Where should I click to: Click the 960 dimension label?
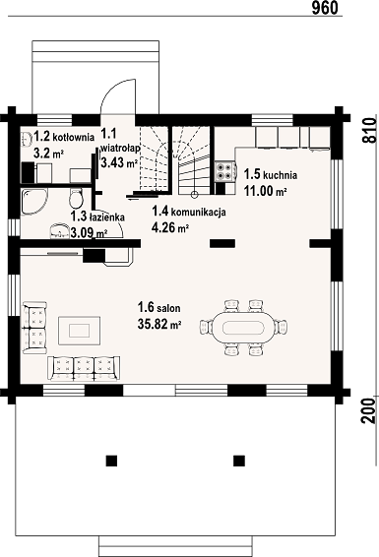click(325, 8)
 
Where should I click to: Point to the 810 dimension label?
click(370, 130)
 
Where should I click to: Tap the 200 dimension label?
click(370, 410)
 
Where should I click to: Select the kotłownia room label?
click(74, 137)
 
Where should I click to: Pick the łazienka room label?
click(107, 217)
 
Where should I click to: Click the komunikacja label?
click(199, 212)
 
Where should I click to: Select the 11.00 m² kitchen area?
click(265, 191)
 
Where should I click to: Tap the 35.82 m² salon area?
click(159, 324)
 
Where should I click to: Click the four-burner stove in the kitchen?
click(224, 171)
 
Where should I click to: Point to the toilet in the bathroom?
click(76, 199)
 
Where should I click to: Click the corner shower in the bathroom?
click(33, 202)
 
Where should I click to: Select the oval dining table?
click(243, 327)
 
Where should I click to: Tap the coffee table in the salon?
click(79, 331)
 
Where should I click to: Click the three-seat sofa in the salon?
click(84, 369)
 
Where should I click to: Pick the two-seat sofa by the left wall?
click(34, 328)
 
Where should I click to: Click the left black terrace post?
click(111, 461)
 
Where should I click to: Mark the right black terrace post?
click(239, 461)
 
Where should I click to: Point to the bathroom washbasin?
click(59, 231)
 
